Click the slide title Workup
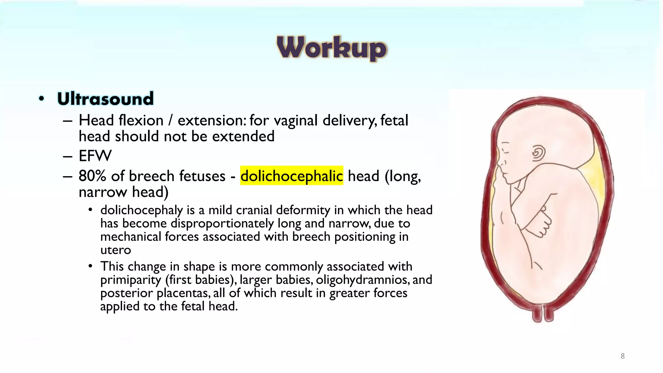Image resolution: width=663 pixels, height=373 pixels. tap(332, 48)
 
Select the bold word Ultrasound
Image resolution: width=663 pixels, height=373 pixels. tap(105, 99)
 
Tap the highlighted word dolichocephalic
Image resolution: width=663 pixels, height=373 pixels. tap(291, 176)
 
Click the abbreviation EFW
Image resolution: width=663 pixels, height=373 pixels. tap(95, 156)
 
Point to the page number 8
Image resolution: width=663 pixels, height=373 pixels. tap(623, 356)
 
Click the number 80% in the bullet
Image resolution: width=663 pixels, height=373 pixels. tap(92, 176)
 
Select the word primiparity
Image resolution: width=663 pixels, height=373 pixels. tap(130, 280)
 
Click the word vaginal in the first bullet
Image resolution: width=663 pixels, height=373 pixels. tap(296, 121)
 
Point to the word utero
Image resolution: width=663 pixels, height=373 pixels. tap(116, 250)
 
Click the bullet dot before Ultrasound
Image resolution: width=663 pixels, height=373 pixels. tap(41, 98)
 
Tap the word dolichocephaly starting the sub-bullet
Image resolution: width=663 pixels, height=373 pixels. tap(141, 210)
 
